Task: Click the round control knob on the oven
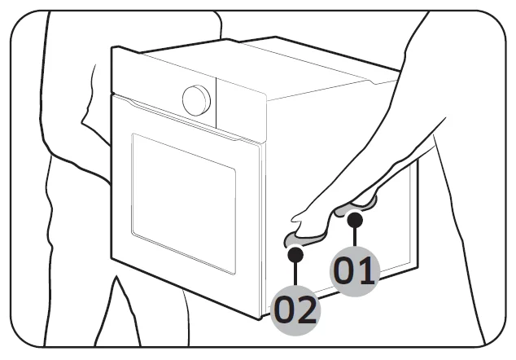[196, 100]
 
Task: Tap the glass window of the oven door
[183, 204]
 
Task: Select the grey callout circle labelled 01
[355, 271]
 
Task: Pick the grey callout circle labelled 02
[295, 310]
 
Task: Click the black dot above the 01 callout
[355, 220]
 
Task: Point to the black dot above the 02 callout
[295, 254]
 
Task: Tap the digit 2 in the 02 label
[308, 310]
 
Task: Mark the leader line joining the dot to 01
[354, 237]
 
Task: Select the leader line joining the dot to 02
[295, 274]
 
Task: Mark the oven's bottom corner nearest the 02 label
[260, 318]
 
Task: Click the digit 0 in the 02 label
[285, 310]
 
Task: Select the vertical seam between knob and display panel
[216, 103]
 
